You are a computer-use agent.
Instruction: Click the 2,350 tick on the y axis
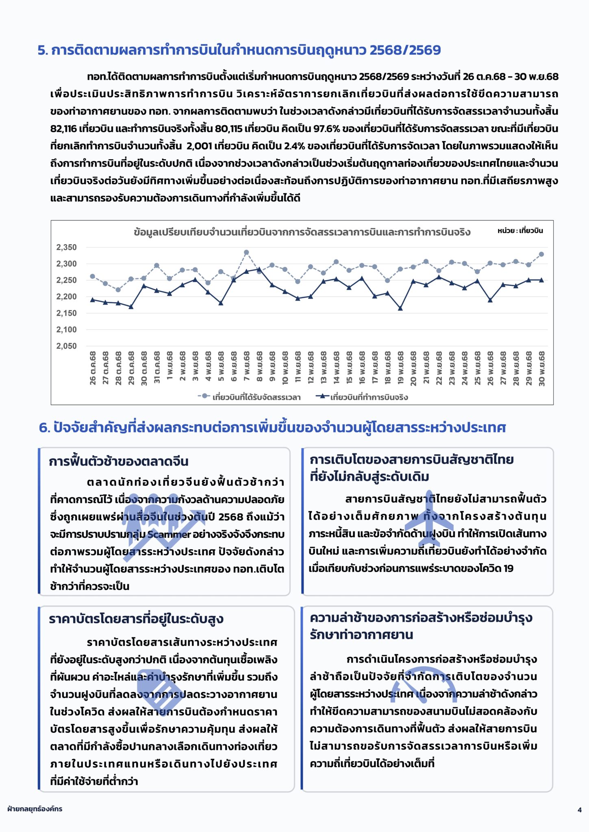click(66, 247)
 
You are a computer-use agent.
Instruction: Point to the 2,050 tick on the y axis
click(66, 346)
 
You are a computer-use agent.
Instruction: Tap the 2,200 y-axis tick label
click(66, 297)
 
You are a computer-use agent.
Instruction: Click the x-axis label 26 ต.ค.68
click(93, 368)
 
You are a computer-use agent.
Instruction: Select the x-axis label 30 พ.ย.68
click(541, 368)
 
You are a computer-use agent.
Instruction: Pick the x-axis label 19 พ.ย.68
click(400, 368)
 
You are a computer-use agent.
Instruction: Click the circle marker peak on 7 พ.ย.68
click(246, 252)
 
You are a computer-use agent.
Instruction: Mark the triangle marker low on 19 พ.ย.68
click(400, 309)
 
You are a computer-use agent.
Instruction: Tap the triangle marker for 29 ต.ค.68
click(131, 307)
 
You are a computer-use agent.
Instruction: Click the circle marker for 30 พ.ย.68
click(541, 254)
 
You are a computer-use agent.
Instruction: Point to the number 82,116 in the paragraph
click(63, 129)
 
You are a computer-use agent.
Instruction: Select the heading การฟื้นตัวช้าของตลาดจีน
click(119, 461)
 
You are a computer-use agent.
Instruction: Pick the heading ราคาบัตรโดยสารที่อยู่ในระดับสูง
click(136, 619)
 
